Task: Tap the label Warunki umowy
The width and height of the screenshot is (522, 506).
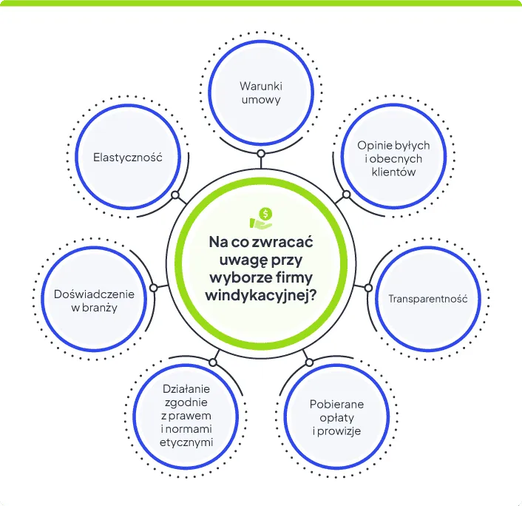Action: [261, 92]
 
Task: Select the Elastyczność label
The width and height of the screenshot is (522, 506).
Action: [127, 158]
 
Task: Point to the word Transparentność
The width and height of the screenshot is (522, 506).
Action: [428, 299]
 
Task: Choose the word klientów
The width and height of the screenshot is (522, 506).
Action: [393, 172]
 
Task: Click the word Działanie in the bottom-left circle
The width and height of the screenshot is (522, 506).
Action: [186, 388]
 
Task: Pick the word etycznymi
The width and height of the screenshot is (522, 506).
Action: [189, 442]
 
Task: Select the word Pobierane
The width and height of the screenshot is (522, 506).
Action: [336, 404]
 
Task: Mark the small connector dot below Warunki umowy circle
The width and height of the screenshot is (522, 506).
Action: [261, 154]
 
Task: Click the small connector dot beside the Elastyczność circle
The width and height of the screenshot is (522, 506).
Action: [175, 197]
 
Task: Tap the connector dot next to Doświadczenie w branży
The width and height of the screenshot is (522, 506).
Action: [153, 287]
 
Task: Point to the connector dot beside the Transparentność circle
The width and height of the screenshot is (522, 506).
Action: [367, 286]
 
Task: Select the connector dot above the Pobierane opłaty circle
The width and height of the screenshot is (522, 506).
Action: [309, 362]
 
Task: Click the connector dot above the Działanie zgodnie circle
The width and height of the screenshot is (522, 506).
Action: [213, 362]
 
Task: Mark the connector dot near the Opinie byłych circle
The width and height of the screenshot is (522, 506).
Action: [345, 196]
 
